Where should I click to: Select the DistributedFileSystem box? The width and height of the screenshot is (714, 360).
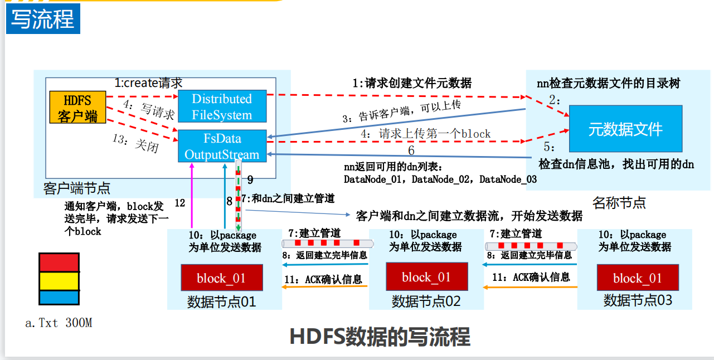pos(222,107)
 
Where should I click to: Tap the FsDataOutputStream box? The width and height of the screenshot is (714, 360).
pos(222,146)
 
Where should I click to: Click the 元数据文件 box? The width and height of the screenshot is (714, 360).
pos(625,130)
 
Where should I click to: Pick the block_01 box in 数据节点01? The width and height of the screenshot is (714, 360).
pos(221,278)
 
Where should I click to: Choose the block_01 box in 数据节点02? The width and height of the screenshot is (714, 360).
pos(426,277)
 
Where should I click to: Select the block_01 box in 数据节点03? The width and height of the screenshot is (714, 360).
pos(637,278)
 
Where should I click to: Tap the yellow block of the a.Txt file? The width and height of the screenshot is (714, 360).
pos(59,280)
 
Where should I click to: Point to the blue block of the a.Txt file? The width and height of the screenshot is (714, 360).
pos(59,297)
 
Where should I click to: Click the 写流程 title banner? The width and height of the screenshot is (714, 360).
pos(43,20)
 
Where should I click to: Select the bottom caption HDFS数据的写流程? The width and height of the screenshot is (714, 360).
pos(380,337)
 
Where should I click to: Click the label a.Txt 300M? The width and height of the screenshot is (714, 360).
pos(59,323)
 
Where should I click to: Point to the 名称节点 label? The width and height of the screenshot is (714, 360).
pos(619,202)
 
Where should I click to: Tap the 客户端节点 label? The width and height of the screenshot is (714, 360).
pos(77,187)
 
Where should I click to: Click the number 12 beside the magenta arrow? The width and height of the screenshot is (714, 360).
pos(179,203)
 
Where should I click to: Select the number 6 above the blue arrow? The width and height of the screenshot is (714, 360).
pos(411,150)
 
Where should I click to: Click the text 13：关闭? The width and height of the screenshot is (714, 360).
pos(135,142)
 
